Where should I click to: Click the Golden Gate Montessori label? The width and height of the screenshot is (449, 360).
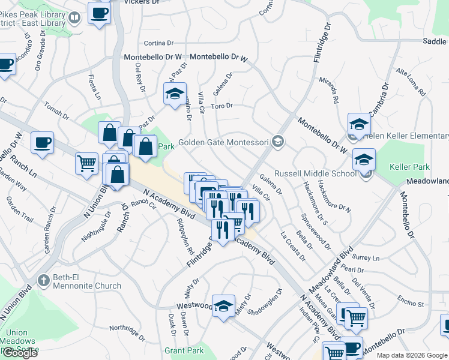(224, 142)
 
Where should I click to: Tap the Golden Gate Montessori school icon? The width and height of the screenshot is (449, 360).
(277, 142)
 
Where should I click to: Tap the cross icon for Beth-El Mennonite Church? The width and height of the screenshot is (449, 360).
(43, 280)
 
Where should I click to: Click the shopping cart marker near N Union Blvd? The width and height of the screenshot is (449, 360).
(86, 162)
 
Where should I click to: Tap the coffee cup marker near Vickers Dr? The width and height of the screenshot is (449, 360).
(99, 13)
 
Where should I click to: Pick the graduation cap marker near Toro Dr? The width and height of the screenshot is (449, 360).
(175, 94)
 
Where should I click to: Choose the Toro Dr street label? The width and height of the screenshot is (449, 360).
(222, 106)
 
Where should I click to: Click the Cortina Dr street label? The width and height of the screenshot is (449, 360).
(158, 43)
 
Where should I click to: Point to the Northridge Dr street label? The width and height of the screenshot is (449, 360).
(128, 332)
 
